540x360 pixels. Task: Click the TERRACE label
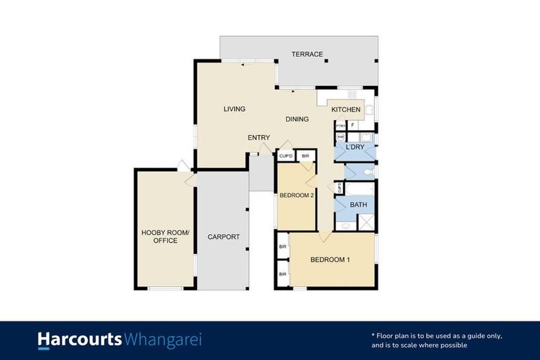308,54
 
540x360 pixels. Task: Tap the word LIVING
234,109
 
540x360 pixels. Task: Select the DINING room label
297,119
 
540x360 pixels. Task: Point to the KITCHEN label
346,110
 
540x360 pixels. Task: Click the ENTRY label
259,137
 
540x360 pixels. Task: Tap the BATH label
359,205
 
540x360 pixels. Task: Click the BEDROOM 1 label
330,259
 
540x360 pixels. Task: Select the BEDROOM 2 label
296,195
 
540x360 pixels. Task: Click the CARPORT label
224,237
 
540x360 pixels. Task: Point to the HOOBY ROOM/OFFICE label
160,237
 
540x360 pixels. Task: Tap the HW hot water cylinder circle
341,137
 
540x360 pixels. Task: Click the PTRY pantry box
340,125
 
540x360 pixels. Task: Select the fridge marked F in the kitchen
352,125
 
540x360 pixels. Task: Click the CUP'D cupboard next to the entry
285,156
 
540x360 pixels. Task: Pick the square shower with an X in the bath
366,222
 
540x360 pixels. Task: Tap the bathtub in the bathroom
360,188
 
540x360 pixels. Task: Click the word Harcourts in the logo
79,340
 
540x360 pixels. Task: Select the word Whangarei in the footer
162,340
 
